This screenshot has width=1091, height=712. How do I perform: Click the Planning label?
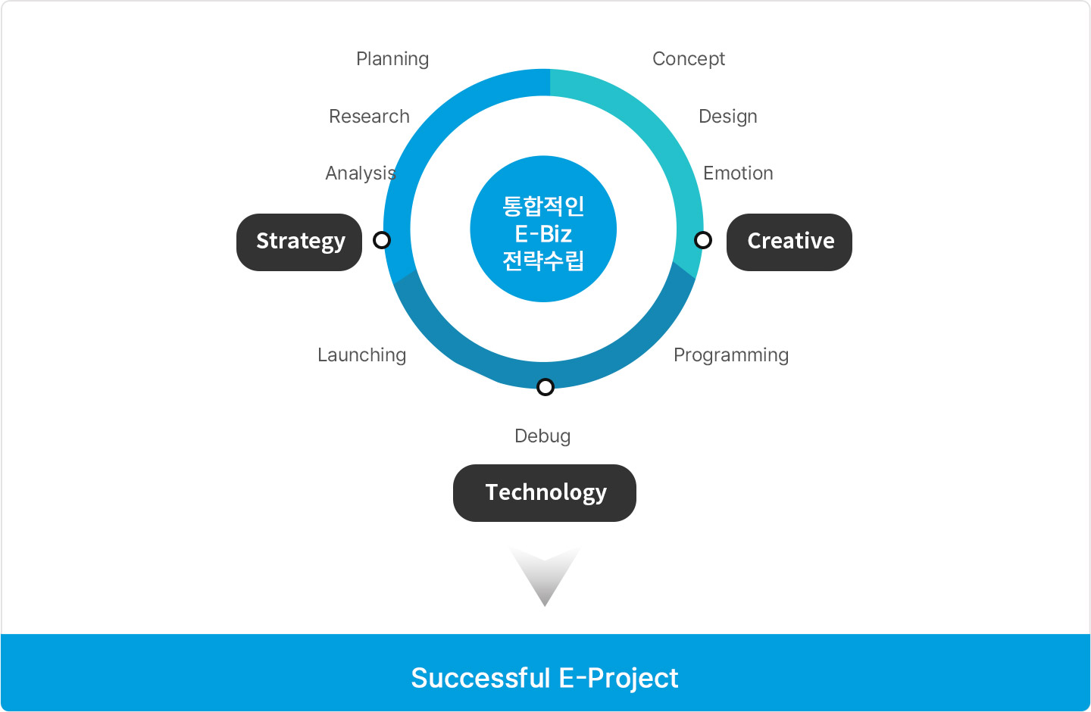[392, 59]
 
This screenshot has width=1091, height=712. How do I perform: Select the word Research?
[369, 117]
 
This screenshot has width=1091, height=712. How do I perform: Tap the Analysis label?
[361, 173]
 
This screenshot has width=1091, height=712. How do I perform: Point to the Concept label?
[688, 59]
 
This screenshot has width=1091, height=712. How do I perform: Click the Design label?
[727, 117]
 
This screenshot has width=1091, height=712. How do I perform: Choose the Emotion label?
[738, 173]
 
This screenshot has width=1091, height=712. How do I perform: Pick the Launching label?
[361, 355]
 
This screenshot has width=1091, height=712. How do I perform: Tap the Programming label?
[730, 355]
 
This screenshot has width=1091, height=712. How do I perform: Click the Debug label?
[542, 436]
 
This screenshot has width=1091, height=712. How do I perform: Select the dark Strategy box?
[299, 242]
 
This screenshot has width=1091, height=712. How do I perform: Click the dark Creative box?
[789, 242]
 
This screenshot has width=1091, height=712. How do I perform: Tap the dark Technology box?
[545, 493]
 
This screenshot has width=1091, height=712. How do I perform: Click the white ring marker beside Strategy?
[382, 240]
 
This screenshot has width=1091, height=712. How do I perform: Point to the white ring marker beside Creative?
[703, 240]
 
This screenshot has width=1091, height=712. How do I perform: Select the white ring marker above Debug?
[545, 387]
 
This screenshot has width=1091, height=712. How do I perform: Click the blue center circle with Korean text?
[543, 229]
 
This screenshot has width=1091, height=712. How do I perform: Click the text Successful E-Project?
[545, 678]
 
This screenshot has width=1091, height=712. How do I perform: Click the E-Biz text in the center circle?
[543, 234]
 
